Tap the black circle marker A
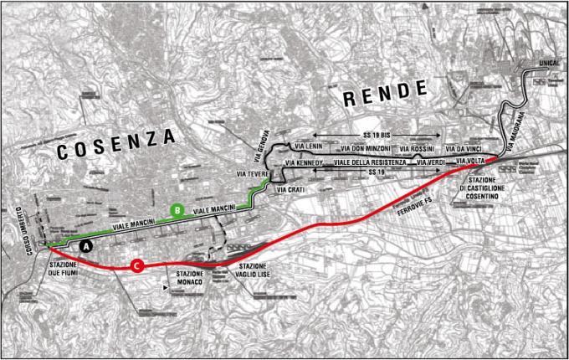[x=84, y=246]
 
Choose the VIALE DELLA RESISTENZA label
[x=370, y=162]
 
